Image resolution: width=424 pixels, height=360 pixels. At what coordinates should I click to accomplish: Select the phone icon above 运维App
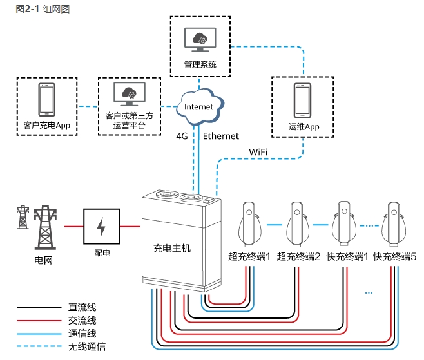304,100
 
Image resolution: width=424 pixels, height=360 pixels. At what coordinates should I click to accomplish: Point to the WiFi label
258,151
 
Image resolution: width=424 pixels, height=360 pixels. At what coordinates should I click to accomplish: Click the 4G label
182,136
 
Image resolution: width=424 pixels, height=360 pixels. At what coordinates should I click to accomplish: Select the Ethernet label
221,136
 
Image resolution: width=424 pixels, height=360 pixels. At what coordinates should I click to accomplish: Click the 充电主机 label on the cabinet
172,247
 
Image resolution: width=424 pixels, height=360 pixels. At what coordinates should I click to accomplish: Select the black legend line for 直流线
39,308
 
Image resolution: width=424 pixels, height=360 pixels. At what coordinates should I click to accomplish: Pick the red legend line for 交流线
39,321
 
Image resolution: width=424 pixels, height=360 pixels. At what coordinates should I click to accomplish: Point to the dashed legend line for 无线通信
39,346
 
